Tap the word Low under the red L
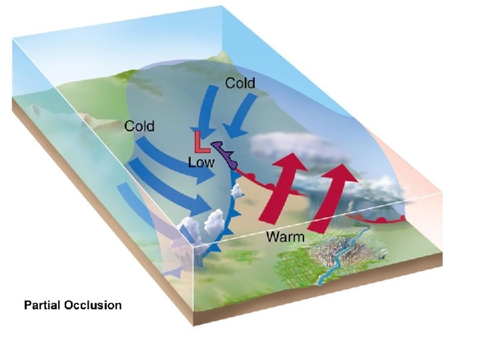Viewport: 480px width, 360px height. [201, 161]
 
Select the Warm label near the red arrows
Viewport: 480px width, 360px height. [285, 236]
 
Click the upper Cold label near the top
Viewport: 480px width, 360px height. [240, 83]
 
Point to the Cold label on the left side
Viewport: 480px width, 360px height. [139, 126]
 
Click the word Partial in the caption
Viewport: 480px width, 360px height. [42, 305]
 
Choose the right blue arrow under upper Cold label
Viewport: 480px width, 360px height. [237, 117]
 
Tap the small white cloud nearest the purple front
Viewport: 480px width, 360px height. [235, 193]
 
